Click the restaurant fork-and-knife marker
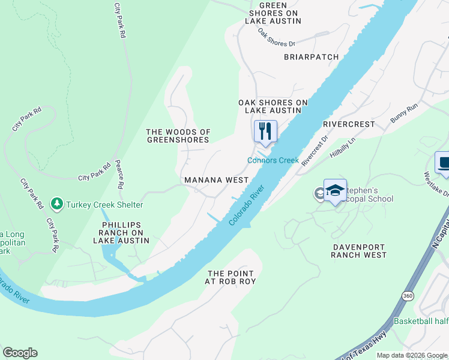pos(265,131)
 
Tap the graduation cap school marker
pos(335,191)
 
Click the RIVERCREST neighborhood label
pos(348,124)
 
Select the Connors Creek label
pos(273,160)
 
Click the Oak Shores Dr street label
pos(277,37)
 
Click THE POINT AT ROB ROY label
pos(231,277)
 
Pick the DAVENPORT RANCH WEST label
pos(359,250)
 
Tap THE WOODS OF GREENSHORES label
pos(179,136)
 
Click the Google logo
pos(20,353)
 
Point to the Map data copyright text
pos(412,355)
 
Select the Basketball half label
pos(421,321)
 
